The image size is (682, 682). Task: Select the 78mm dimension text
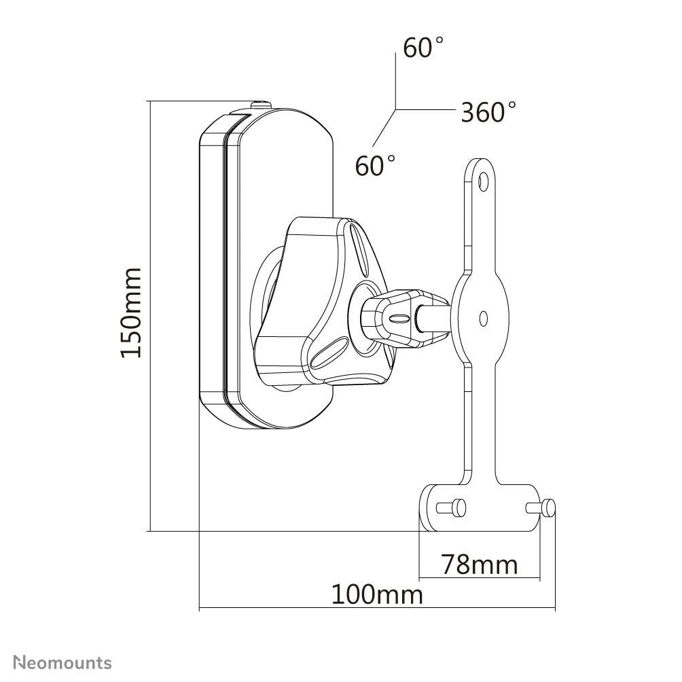[x=479, y=564]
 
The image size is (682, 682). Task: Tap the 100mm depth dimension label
[x=377, y=594]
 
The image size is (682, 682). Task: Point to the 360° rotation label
[x=488, y=112]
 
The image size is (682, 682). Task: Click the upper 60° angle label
[x=423, y=48]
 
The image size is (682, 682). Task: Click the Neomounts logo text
[x=63, y=662]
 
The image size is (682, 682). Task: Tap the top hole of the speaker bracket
[x=483, y=181]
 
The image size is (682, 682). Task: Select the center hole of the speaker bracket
[x=483, y=317]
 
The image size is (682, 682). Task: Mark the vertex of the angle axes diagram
[x=396, y=109]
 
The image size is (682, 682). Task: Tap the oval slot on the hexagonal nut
[x=401, y=318]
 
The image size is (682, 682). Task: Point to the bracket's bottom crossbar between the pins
[x=492, y=507]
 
